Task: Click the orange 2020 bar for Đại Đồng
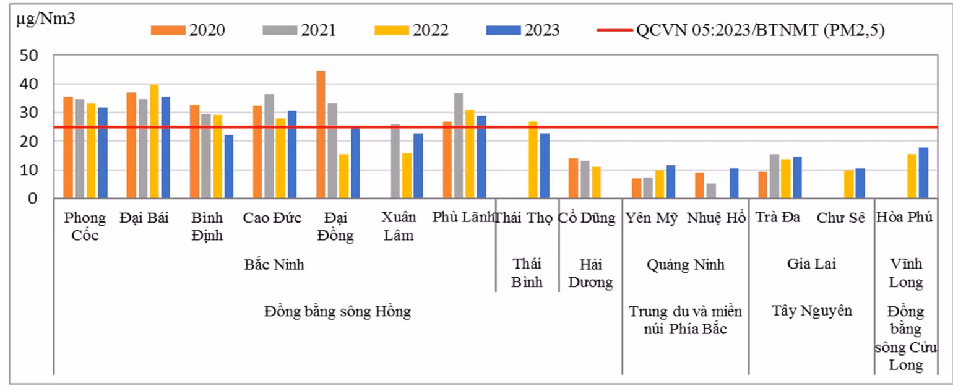(x=321, y=134)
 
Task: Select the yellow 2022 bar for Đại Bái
(x=154, y=141)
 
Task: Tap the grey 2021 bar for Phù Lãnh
(x=459, y=146)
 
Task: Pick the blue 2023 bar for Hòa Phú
(x=923, y=173)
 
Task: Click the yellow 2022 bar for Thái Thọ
(x=533, y=160)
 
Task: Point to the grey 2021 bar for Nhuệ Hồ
(x=712, y=191)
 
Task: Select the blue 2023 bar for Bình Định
(x=229, y=167)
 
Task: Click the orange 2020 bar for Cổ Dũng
(x=574, y=178)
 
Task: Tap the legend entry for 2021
(x=300, y=30)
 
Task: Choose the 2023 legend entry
(x=523, y=30)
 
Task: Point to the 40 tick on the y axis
(x=28, y=84)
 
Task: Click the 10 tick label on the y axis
(x=28, y=170)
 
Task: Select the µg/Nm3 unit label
(x=46, y=19)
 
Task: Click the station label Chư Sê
(x=840, y=218)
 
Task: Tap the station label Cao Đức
(x=272, y=218)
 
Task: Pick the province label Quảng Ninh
(x=686, y=265)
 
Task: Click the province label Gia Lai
(x=811, y=264)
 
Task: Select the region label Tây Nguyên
(x=812, y=311)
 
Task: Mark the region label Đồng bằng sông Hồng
(x=337, y=311)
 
